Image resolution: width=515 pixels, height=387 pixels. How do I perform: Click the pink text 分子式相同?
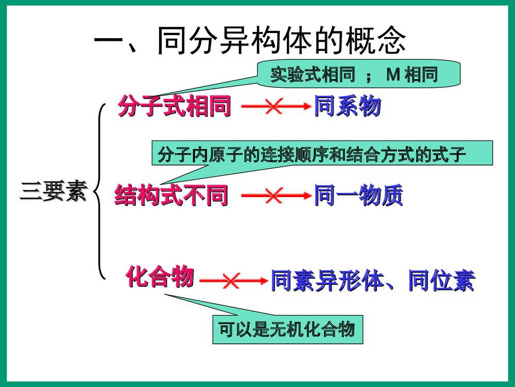(174, 107)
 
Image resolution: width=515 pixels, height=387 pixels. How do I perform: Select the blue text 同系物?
(348, 107)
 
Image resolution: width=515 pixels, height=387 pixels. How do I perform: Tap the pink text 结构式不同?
(171, 196)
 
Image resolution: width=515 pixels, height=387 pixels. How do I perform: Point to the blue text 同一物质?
(358, 196)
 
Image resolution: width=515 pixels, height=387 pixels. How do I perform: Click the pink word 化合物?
(160, 277)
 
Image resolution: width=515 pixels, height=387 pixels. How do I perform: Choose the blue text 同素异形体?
(329, 282)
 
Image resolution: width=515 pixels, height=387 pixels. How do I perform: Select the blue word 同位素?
(441, 282)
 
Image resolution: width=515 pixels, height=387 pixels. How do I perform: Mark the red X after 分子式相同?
(273, 107)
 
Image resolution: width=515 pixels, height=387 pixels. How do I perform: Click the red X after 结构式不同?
(273, 196)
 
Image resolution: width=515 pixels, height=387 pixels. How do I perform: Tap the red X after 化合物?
(230, 281)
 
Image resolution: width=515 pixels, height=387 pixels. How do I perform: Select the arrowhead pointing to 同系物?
(307, 107)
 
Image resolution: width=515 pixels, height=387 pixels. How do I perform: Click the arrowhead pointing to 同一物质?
(307, 196)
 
